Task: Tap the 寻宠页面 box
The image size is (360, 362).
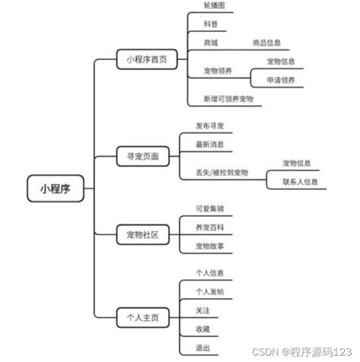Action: click(143, 155)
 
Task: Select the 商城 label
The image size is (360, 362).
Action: click(210, 43)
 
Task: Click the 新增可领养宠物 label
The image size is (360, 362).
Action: click(228, 99)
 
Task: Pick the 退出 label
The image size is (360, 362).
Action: click(203, 347)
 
